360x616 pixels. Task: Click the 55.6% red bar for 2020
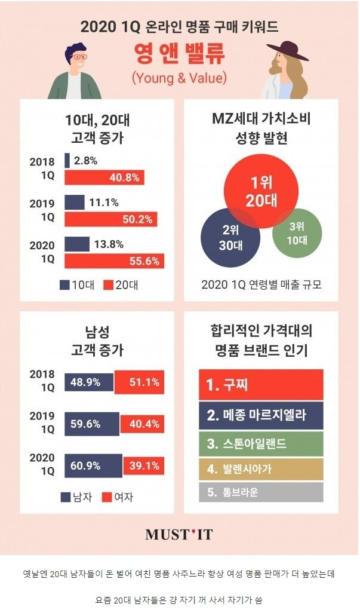point(113,261)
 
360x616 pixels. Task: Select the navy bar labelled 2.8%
point(67,161)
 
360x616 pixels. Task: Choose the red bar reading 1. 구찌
point(260,385)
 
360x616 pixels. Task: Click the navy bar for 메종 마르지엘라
point(260,415)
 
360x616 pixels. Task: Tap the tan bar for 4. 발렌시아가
point(260,468)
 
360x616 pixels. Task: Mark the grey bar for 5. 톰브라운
point(260,492)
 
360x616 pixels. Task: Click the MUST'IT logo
point(179,534)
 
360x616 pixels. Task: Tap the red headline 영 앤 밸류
point(180,55)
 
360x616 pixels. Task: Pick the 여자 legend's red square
point(107,497)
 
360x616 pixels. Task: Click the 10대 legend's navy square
point(64,285)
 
